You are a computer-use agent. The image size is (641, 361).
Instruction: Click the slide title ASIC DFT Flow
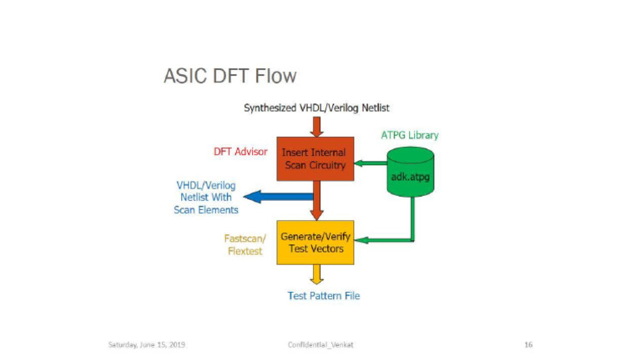[x=230, y=77]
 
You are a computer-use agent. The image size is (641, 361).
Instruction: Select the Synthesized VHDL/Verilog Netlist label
[x=316, y=108]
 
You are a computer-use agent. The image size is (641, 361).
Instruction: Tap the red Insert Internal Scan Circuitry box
[x=315, y=158]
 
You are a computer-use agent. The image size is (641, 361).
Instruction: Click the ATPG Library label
[x=409, y=134]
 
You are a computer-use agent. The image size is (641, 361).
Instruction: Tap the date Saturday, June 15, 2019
[x=147, y=344]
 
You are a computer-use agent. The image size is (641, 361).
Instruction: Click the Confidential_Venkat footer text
[x=320, y=344]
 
